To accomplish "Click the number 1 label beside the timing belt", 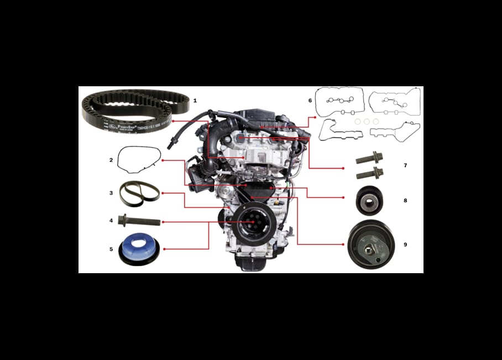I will tap(195, 101).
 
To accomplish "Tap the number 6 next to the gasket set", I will tap(310, 101).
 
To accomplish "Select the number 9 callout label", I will tap(405, 244).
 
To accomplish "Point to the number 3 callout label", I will tap(111, 193).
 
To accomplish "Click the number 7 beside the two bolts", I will tap(405, 165).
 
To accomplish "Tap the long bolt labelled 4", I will tap(140, 222).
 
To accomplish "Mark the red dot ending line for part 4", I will tap(163, 222).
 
